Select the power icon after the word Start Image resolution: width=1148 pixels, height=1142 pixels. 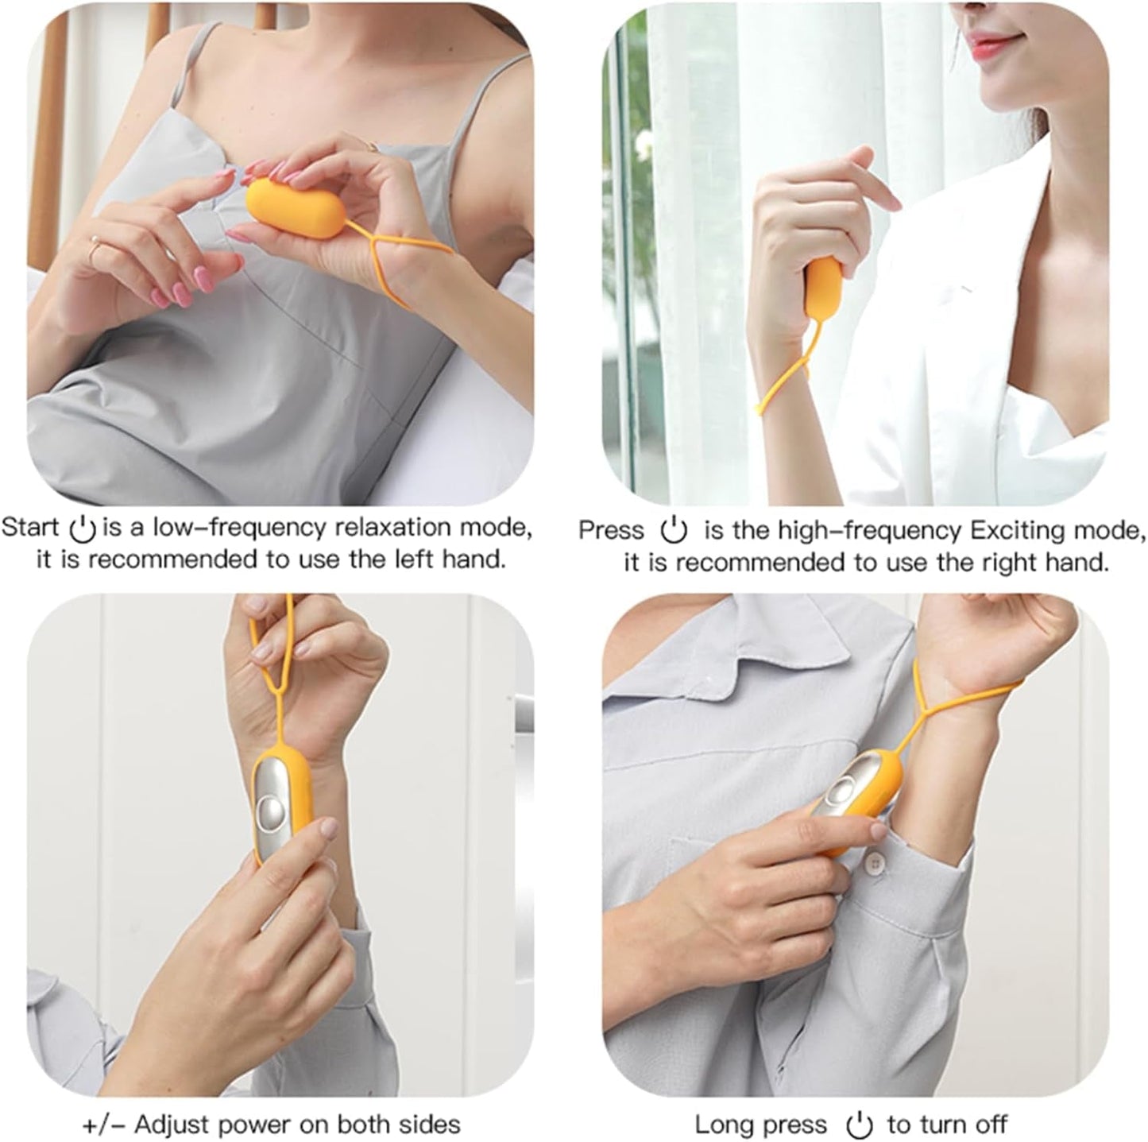(x=83, y=528)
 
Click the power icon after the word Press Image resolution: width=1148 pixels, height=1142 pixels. (x=674, y=530)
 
